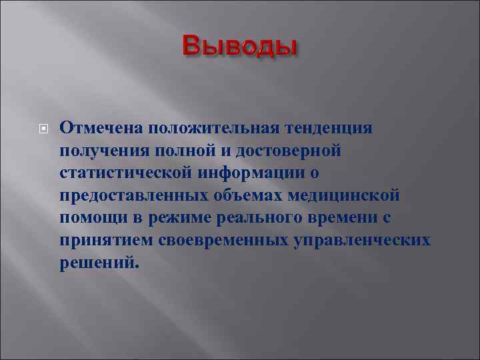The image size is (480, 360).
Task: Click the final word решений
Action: [x=100, y=263]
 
